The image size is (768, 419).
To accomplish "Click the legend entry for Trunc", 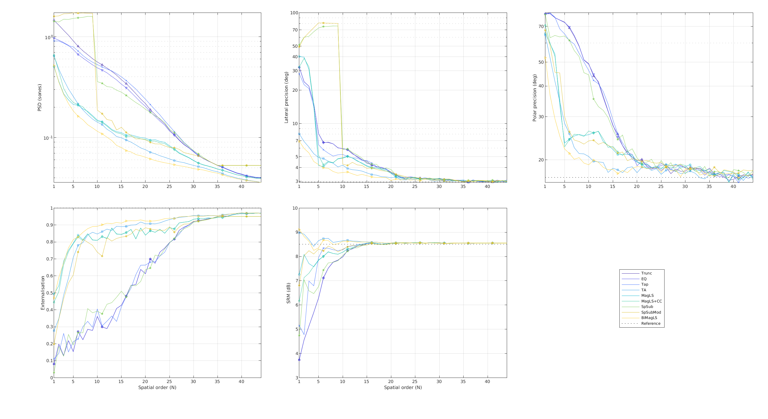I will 646,273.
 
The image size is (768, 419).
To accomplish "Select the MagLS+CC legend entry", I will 651,301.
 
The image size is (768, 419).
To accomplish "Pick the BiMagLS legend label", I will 649,318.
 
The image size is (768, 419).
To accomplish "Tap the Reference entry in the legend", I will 651,324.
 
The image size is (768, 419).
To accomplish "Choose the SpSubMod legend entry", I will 651,312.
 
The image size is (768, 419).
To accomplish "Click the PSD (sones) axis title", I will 39,97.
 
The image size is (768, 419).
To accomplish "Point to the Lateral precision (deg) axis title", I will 286,97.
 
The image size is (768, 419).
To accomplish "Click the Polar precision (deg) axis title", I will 534,98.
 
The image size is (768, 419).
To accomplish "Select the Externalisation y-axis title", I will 43,293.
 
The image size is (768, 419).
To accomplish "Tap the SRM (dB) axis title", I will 288,293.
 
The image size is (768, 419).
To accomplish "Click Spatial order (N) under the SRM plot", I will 403,388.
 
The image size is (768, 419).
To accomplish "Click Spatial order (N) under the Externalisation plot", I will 157,388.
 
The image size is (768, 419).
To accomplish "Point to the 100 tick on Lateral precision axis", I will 294,13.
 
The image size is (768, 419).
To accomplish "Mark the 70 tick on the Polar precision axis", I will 541,27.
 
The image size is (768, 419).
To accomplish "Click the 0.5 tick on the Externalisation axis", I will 49,293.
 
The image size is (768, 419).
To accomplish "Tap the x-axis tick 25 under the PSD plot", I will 169,187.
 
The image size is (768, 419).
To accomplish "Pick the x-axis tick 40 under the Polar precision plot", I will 733,187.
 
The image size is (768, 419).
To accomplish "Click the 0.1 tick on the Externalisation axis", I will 49,360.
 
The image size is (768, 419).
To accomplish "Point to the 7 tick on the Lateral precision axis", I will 296,141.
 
